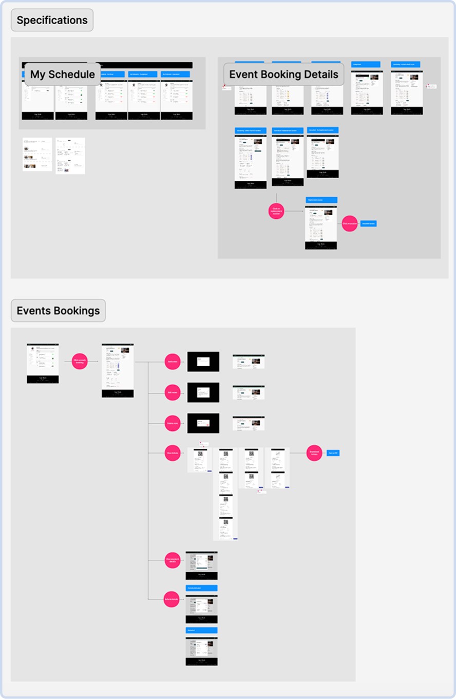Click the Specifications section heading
point(52,21)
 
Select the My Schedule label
point(62,74)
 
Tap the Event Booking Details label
point(283,74)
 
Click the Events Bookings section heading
point(58,311)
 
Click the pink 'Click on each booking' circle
point(80,362)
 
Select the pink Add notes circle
point(173,362)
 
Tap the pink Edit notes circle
point(173,393)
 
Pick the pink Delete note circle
point(173,424)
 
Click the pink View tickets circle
point(173,453)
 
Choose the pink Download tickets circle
point(314,453)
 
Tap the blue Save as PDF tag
point(333,453)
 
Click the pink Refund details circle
point(172,599)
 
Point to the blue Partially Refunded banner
point(201,588)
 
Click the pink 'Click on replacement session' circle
point(276,211)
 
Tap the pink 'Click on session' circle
point(349,223)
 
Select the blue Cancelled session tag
point(368,223)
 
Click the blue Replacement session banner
point(321,200)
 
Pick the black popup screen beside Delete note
point(203,423)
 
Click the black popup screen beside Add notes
point(203,362)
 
